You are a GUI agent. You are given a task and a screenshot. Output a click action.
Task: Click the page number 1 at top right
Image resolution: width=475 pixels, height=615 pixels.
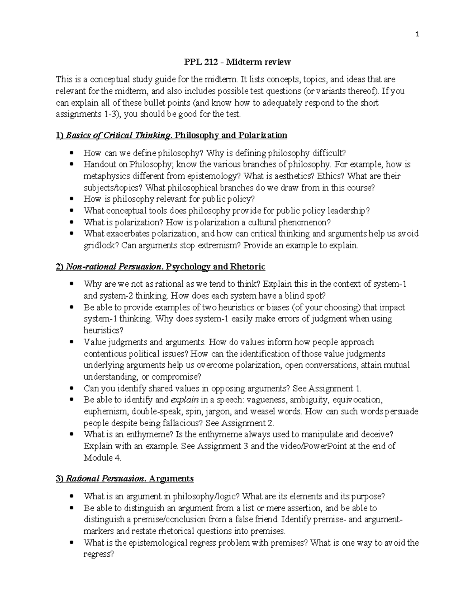(x=417, y=34)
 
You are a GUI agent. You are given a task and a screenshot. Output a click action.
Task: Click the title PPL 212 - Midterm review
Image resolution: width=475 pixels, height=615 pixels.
(x=237, y=62)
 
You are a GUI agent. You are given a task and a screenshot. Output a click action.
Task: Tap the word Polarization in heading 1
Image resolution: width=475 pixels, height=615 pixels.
(x=262, y=135)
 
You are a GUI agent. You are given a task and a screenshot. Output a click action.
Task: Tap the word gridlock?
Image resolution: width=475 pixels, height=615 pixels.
(x=101, y=246)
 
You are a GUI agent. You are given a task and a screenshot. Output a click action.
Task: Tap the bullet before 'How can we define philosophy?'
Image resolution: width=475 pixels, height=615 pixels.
(x=71, y=153)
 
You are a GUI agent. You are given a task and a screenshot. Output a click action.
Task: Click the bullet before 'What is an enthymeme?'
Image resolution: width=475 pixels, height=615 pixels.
(x=71, y=434)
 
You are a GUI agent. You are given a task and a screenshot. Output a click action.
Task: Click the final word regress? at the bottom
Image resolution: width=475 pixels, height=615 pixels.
(x=99, y=554)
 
